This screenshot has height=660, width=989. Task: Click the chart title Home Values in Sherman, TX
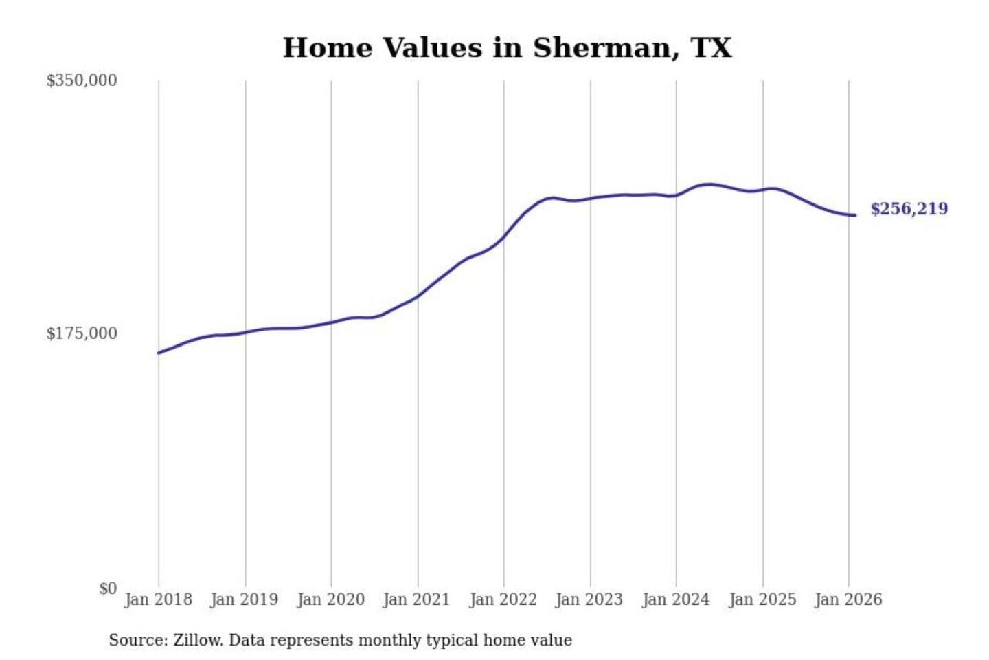(507, 48)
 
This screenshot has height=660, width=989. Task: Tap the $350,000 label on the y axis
(82, 80)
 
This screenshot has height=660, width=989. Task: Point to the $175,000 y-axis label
(82, 333)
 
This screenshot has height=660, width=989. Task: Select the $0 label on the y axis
(108, 588)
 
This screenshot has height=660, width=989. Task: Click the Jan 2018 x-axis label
(158, 599)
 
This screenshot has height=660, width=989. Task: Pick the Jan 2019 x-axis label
(244, 599)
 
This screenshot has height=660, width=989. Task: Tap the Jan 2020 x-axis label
(330, 599)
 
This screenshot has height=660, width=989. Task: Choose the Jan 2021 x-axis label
(416, 599)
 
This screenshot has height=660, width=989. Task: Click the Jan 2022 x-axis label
(503, 599)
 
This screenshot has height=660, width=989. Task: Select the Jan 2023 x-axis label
(589, 599)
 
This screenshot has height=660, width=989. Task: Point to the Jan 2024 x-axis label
(675, 599)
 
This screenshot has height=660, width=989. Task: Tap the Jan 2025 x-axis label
(762, 599)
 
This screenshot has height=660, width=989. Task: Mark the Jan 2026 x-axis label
(848, 599)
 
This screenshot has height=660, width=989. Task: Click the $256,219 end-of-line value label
(909, 209)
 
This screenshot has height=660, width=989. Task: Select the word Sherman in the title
(602, 48)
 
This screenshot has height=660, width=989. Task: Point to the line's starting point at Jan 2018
(159, 353)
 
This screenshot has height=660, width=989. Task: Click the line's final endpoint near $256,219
(855, 215)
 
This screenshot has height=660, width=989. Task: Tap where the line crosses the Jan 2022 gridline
(503, 238)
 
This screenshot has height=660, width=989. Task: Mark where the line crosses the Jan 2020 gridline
(331, 322)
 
